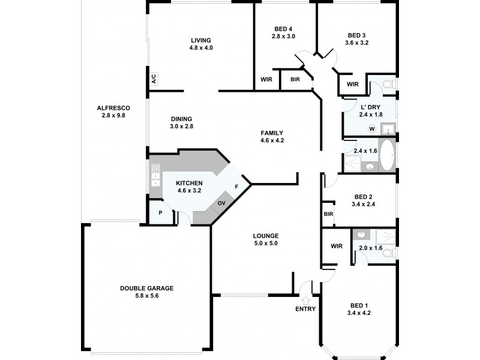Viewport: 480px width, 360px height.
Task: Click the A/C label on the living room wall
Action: (x=154, y=79)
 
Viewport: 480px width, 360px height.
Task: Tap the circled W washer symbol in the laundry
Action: (x=371, y=128)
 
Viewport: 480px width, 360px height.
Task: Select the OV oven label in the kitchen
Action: (x=221, y=203)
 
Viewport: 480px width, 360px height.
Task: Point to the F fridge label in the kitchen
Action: (x=236, y=187)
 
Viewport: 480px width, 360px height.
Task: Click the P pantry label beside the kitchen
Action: (x=161, y=213)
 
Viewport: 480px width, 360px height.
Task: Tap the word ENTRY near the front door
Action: (x=305, y=309)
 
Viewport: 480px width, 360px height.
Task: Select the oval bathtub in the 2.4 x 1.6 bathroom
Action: (x=386, y=155)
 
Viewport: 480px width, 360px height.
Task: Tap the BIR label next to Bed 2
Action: (x=328, y=214)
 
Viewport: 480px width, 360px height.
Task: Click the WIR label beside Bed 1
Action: (x=336, y=246)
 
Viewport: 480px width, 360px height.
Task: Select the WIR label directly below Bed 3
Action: (x=353, y=84)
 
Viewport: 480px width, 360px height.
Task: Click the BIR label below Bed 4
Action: (x=295, y=79)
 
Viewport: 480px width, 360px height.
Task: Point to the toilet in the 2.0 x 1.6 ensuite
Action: (x=387, y=254)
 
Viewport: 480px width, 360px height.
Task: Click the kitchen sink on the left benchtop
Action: (x=155, y=178)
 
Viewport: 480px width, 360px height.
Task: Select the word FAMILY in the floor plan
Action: (x=272, y=133)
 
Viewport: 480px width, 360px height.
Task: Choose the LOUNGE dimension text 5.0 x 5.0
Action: (x=265, y=243)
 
